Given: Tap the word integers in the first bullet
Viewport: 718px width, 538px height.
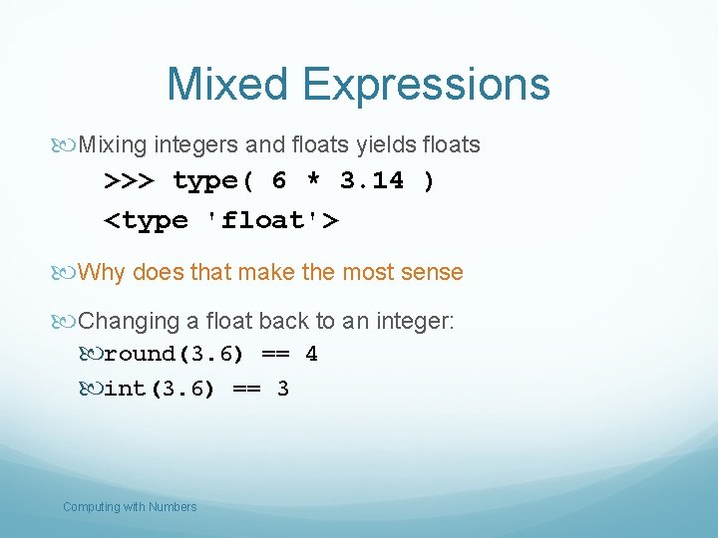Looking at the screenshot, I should pos(194,144).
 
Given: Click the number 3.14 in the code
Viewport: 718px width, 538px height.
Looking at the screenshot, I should pos(372,181).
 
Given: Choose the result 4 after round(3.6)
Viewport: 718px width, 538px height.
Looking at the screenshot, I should pos(311,355).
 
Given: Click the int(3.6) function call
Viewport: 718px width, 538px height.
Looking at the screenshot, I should pos(160,389).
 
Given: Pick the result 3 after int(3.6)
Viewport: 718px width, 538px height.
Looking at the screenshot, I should pos(283,389).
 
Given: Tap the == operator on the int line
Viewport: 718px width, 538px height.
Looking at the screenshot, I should pos(245,389).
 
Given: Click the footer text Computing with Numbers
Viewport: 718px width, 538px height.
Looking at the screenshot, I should pos(130,507).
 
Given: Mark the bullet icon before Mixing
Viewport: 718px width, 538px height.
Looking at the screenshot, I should pos(67,145).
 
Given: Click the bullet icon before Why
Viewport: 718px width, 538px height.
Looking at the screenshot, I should pos(67,273).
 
